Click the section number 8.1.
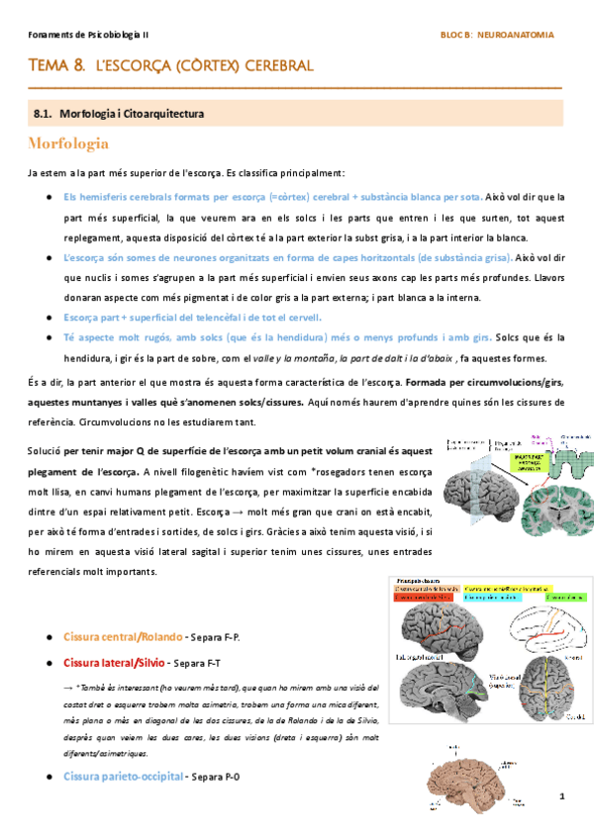[44, 114]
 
